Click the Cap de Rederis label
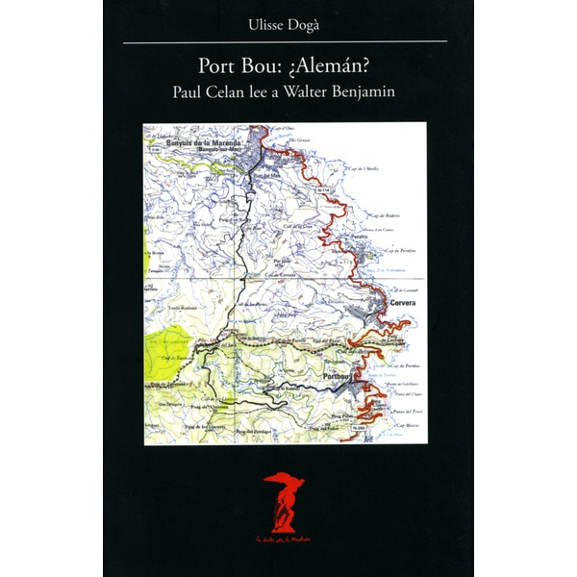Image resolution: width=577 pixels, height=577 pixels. point(385,215)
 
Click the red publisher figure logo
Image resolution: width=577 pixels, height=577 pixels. point(284,500)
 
